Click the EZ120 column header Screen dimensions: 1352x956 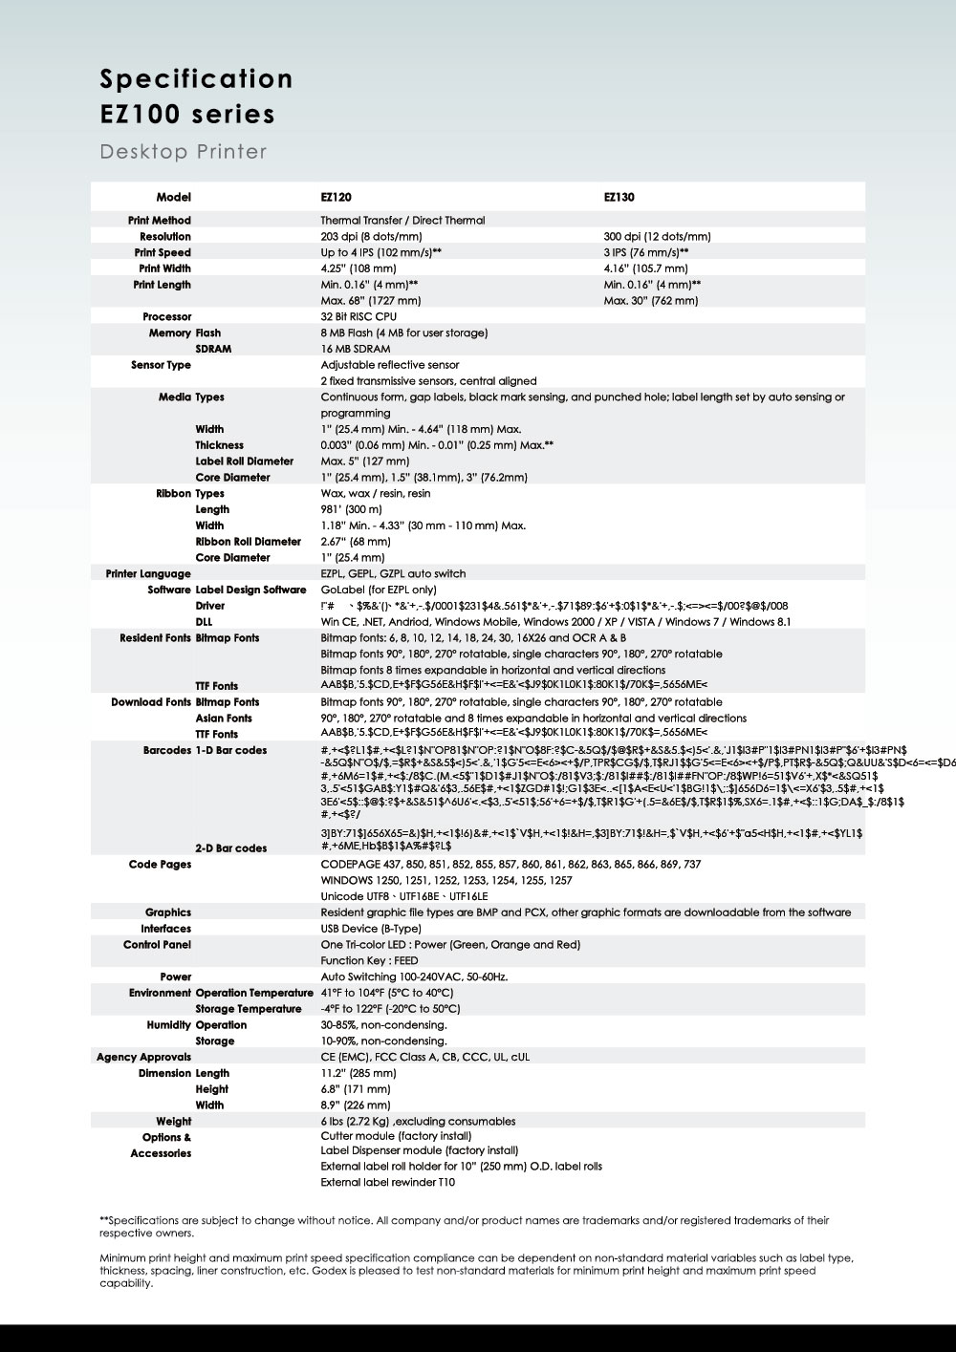click(x=336, y=197)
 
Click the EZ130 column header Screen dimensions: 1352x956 click(x=619, y=197)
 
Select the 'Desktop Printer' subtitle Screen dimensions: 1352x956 click(x=184, y=152)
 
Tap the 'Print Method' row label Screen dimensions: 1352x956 click(x=160, y=221)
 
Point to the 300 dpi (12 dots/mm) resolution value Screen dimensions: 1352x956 click(x=657, y=237)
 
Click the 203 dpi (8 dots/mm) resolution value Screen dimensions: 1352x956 click(x=371, y=237)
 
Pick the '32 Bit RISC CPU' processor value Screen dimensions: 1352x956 click(x=358, y=316)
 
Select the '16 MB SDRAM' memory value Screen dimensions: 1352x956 click(x=356, y=349)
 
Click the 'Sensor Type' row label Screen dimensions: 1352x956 click(x=161, y=365)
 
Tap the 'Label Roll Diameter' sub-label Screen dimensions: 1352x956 click(x=244, y=461)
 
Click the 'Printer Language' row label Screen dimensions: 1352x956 click(x=148, y=574)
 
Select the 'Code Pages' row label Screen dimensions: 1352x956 click(x=160, y=865)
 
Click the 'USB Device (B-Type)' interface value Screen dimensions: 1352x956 click(x=371, y=929)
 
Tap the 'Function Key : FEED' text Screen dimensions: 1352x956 click(x=369, y=961)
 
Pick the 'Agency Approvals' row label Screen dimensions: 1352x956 click(x=143, y=1058)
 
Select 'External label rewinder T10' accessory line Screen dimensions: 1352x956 click(x=388, y=1183)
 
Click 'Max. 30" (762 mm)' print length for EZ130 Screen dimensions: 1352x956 click(x=651, y=301)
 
